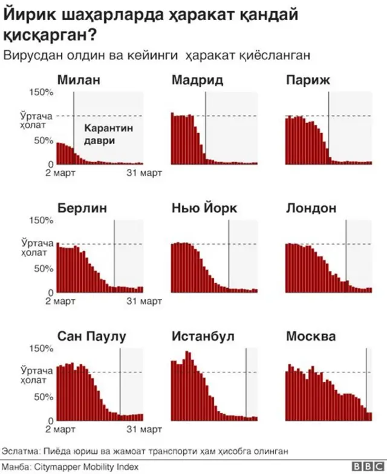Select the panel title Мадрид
coord(197,80)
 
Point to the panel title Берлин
coord(82,208)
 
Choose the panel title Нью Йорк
coord(204,208)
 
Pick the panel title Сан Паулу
coord(91,337)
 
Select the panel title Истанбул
coord(203,337)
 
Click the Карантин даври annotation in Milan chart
coord(108,134)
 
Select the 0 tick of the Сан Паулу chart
coord(51,421)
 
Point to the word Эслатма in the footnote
coord(20,452)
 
